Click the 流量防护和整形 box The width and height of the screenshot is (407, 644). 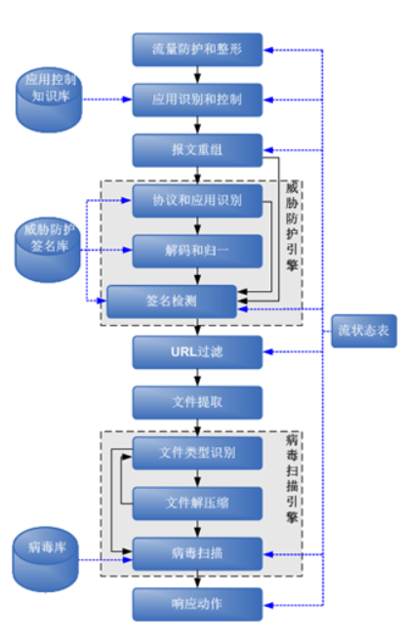click(x=197, y=49)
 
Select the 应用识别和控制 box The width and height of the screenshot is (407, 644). click(x=197, y=99)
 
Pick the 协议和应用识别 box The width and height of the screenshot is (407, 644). click(x=197, y=203)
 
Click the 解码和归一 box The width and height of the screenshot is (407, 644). click(x=197, y=252)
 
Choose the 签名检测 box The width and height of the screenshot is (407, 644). click(x=172, y=302)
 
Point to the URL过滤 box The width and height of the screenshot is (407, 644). click(x=197, y=351)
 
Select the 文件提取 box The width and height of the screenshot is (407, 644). click(x=197, y=402)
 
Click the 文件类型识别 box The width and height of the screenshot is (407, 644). click(x=197, y=454)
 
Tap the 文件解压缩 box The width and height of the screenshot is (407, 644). click(x=197, y=503)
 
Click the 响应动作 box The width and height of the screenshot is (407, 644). click(x=197, y=604)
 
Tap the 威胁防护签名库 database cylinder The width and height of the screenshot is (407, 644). click(x=49, y=241)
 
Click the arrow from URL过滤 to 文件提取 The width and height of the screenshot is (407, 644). click(x=198, y=377)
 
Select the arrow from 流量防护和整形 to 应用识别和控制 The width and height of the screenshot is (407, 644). click(x=198, y=74)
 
